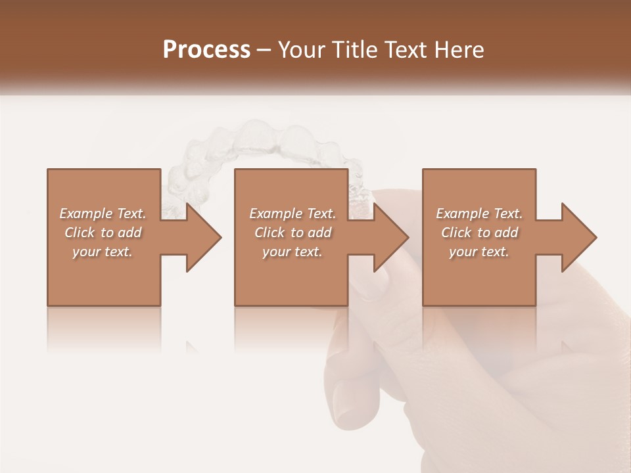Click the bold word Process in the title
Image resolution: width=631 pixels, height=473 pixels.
(x=206, y=50)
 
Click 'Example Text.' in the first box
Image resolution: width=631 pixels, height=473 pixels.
(x=103, y=214)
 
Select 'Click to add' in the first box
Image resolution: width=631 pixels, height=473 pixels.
(x=103, y=233)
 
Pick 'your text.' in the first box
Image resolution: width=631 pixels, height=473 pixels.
(x=103, y=252)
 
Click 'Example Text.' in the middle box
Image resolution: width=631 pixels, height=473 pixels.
(x=292, y=214)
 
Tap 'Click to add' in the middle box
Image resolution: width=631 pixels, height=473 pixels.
(x=292, y=233)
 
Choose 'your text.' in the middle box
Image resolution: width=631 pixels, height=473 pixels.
(x=292, y=252)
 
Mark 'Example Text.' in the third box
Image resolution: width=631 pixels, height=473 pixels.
(x=479, y=214)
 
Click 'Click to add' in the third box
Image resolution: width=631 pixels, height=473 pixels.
(x=479, y=233)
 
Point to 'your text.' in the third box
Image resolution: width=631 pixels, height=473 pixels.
(x=479, y=252)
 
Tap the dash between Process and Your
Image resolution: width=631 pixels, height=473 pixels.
(x=264, y=51)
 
